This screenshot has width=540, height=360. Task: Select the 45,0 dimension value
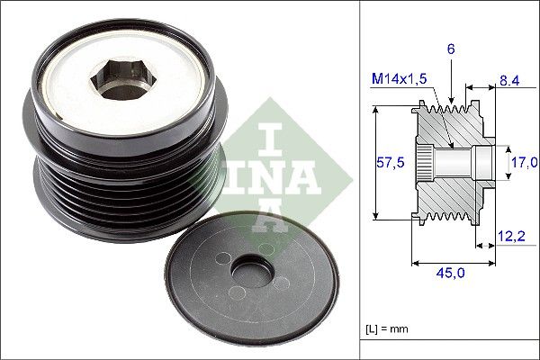(x=451, y=275)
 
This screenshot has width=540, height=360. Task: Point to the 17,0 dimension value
(x=523, y=162)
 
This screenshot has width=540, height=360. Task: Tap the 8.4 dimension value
(x=509, y=81)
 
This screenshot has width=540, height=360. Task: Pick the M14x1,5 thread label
(x=399, y=81)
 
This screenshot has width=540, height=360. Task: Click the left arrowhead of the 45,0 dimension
(x=415, y=264)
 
